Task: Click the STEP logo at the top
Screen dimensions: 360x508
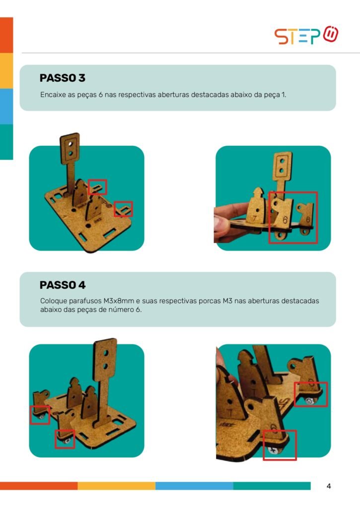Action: [x=306, y=35]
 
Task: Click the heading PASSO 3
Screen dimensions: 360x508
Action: [x=62, y=78]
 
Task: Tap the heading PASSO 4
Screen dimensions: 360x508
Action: [x=62, y=285]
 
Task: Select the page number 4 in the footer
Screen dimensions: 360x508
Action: [x=329, y=486]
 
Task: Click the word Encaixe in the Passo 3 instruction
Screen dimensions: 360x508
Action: [x=53, y=95]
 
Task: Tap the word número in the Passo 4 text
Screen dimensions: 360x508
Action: [x=121, y=310]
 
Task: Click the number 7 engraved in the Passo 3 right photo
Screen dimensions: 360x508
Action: [x=255, y=219]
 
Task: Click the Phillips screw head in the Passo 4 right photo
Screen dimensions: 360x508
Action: [x=272, y=450]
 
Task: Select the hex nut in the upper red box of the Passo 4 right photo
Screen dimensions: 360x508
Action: [x=309, y=401]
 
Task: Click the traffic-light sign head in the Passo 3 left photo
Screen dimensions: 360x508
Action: [x=70, y=148]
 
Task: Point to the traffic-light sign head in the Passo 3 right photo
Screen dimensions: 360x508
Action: [x=283, y=166]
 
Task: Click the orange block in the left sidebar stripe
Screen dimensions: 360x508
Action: [x=6, y=35]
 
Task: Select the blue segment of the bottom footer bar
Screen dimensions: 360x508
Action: [x=194, y=486]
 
